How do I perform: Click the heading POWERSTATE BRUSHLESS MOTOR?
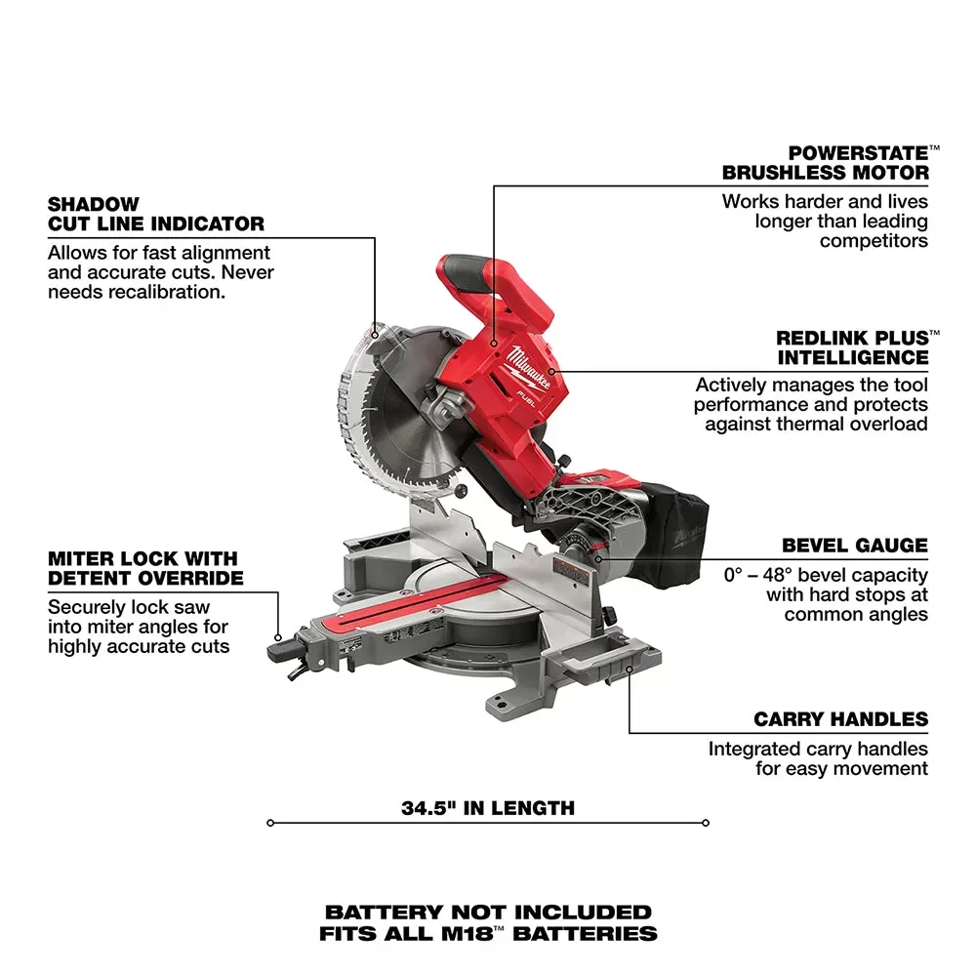825,163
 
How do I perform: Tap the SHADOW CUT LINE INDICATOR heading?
155,214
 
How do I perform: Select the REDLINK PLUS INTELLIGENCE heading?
852,347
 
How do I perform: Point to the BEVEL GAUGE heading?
854,546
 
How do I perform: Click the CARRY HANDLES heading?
840,719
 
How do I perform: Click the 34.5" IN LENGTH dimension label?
488,807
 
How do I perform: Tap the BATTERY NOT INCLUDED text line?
488,913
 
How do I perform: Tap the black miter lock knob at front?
277,646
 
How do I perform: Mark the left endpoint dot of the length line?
270,823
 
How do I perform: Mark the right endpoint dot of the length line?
705,823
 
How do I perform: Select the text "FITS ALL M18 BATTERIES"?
488,934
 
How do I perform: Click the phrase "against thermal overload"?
816,424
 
